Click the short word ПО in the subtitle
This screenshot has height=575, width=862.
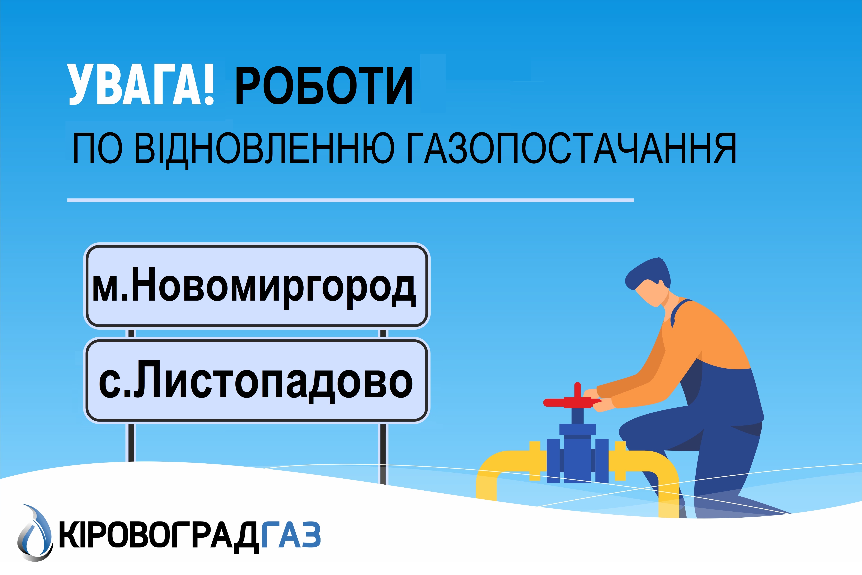[x=98, y=149]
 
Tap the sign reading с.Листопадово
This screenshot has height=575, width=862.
[x=257, y=380]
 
